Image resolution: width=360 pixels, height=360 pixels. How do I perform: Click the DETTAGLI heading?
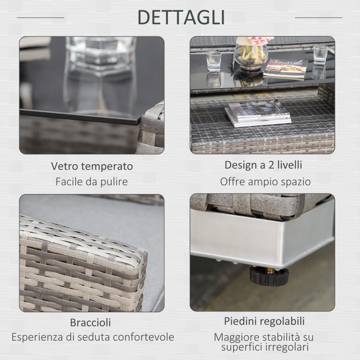(181, 17)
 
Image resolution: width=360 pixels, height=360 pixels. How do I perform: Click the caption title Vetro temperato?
(92, 166)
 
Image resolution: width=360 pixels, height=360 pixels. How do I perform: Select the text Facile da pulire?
(92, 182)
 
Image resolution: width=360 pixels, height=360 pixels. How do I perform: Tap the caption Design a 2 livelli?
(263, 165)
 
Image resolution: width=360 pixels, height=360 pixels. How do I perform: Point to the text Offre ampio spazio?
(265, 182)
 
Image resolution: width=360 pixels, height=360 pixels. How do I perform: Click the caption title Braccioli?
(90, 322)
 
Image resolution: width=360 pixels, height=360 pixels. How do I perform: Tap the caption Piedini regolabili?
(264, 321)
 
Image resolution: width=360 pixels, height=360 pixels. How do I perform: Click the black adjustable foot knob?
(269, 276)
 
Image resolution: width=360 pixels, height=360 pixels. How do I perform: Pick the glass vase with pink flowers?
(251, 53)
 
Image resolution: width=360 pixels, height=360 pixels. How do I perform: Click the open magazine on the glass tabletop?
(286, 69)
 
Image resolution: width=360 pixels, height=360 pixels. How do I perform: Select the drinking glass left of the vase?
(214, 60)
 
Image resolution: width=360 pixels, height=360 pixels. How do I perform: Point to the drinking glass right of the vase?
(320, 56)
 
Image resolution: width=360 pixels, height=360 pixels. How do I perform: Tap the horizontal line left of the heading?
(40, 18)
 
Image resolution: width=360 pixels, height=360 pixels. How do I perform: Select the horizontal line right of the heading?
(319, 18)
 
